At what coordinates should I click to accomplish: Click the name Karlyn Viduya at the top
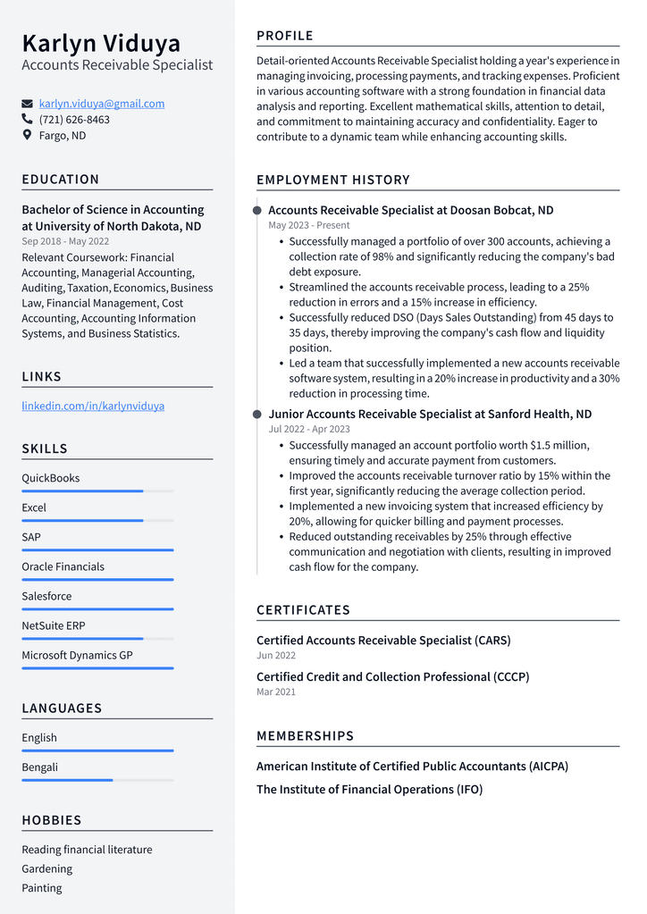click(101, 43)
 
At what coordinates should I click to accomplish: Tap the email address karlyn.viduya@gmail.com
click(102, 104)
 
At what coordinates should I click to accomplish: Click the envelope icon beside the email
click(27, 104)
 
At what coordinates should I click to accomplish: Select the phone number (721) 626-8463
click(74, 120)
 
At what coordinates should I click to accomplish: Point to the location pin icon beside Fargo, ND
click(27, 136)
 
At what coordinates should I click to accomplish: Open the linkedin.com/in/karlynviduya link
click(93, 406)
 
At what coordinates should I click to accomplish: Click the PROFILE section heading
click(285, 36)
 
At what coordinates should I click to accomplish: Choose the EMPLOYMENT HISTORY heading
click(333, 180)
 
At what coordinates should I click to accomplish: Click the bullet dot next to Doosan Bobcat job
click(257, 211)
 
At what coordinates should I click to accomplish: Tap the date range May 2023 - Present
click(309, 226)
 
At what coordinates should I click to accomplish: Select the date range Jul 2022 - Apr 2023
click(309, 430)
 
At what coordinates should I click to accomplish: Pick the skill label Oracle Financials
click(63, 566)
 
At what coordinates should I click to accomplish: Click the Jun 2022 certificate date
click(276, 656)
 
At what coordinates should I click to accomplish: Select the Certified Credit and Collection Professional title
click(392, 677)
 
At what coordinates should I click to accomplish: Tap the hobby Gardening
click(47, 868)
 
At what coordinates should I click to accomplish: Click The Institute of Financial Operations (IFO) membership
click(369, 790)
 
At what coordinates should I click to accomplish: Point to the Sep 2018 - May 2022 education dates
click(65, 241)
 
